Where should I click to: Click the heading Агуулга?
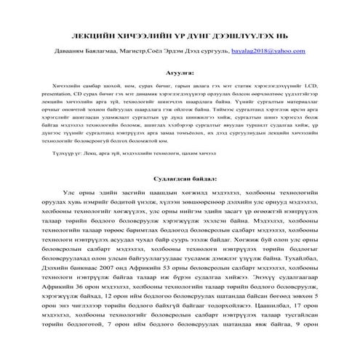pyautogui.click(x=180, y=73)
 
